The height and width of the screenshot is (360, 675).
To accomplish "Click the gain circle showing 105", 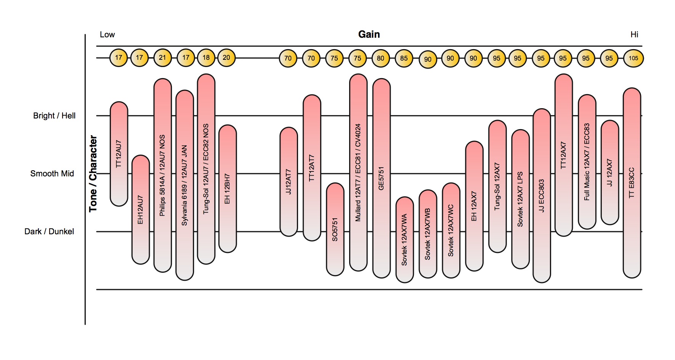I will click(633, 58).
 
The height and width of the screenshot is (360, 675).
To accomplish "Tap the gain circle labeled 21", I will click(163, 58).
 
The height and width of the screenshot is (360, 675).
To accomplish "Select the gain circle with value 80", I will click(380, 58).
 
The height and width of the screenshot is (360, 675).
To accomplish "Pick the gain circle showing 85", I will click(404, 58).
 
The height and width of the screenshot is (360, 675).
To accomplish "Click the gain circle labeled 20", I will click(226, 58).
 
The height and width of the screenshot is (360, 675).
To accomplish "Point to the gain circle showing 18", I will click(206, 58).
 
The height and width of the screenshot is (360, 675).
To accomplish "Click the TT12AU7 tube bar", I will click(119, 154).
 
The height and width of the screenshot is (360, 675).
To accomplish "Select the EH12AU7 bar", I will click(141, 210).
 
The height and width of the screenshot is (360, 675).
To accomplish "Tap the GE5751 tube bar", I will click(382, 178).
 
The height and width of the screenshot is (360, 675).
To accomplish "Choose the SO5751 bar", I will click(335, 229).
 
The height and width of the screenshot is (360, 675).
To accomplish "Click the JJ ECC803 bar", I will click(542, 196).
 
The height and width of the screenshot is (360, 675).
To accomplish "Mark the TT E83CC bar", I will click(632, 183).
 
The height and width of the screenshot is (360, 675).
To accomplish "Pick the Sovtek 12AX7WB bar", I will click(428, 234).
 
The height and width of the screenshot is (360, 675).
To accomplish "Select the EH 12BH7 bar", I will click(228, 189).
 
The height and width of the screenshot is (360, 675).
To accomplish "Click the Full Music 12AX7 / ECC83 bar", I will click(587, 162).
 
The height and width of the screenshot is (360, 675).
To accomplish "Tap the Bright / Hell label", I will click(54, 116).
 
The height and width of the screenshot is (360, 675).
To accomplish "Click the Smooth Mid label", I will click(52, 174).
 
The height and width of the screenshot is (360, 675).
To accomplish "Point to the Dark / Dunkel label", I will click(49, 232).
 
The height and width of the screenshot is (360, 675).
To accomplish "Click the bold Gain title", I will click(369, 35).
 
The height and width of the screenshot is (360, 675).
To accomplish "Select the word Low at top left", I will click(107, 35).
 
